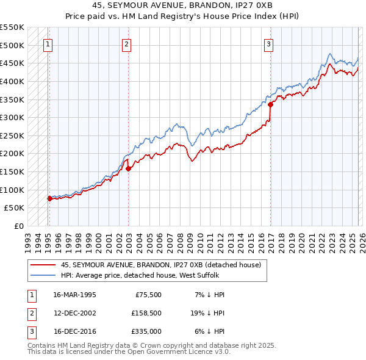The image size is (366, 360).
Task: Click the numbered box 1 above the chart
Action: [x=48, y=43]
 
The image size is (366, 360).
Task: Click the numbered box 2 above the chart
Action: [x=126, y=43]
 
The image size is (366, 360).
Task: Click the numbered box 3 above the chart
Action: [x=268, y=43]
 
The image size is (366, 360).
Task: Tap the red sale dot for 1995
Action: [x=49, y=198]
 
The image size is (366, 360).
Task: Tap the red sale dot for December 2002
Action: [x=128, y=168]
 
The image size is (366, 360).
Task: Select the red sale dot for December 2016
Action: [x=270, y=104]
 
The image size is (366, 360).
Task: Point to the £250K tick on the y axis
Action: [x=12, y=135]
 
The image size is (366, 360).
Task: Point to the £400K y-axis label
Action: [x=12, y=81]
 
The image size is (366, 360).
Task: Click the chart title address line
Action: [x=182, y=6]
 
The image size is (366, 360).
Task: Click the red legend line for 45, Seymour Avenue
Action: [x=44, y=265]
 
